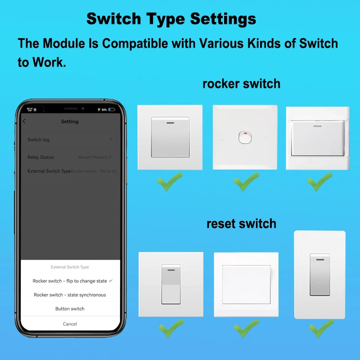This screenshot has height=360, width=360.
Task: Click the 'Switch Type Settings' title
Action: click(171, 19)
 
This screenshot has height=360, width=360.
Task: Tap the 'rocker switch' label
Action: click(241, 84)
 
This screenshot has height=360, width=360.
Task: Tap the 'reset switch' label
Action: click(241, 223)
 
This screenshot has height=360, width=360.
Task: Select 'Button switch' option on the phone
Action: click(70, 309)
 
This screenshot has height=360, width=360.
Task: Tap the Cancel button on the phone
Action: click(70, 324)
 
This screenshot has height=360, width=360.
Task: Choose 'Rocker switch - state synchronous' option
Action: click(70, 295)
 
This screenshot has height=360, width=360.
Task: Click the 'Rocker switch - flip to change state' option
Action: click(70, 281)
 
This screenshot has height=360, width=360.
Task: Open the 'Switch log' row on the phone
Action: click(70, 139)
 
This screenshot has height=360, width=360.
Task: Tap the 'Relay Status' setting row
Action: click(70, 157)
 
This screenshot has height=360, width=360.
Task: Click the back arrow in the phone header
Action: click(24, 121)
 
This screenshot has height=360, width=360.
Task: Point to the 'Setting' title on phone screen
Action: click(70, 121)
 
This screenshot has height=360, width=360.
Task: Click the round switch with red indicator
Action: click(245, 137)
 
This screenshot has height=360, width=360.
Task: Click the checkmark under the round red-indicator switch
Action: click(246, 182)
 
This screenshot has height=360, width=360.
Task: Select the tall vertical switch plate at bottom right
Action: click(319, 274)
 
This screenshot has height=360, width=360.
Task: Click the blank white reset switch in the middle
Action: click(246, 284)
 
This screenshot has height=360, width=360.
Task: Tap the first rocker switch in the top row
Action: click(170, 137)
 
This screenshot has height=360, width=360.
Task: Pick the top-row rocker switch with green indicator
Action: click(318, 138)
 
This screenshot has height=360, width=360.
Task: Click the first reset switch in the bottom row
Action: click(171, 284)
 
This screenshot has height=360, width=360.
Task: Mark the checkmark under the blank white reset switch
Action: click(246, 329)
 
